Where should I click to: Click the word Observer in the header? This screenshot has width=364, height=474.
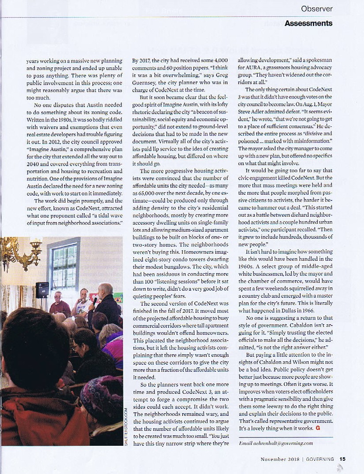coord(317,9)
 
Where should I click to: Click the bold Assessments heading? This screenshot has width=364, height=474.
coord(308,23)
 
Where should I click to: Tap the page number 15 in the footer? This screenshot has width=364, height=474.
coord(342,459)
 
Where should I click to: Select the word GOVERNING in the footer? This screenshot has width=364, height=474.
coord(320,459)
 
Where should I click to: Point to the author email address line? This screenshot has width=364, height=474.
coord(275,443)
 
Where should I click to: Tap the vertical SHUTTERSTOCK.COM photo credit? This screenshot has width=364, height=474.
coord(126,427)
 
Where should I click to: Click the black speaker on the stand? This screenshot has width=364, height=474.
coord(42,289)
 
